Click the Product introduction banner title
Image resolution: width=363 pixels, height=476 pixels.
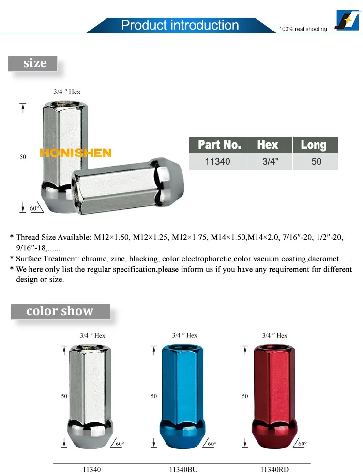[180, 25]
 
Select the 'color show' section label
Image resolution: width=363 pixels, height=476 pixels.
[60, 311]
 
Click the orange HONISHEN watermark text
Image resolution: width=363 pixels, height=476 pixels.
[76, 153]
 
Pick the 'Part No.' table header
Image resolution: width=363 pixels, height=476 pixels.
[219, 145]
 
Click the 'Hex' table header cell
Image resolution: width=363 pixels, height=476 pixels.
[268, 145]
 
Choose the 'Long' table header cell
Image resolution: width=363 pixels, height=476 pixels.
[314, 145]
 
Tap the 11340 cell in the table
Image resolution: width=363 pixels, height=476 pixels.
[217, 161]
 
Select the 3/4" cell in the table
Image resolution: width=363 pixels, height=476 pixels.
[270, 161]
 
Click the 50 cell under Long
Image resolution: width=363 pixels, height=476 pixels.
[317, 161]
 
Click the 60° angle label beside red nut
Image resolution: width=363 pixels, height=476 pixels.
[302, 444]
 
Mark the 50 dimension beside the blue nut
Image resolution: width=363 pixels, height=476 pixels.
[154, 396]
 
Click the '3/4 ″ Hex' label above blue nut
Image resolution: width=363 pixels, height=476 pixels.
[184, 335]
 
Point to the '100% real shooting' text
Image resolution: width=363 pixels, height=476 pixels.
[303, 29]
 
